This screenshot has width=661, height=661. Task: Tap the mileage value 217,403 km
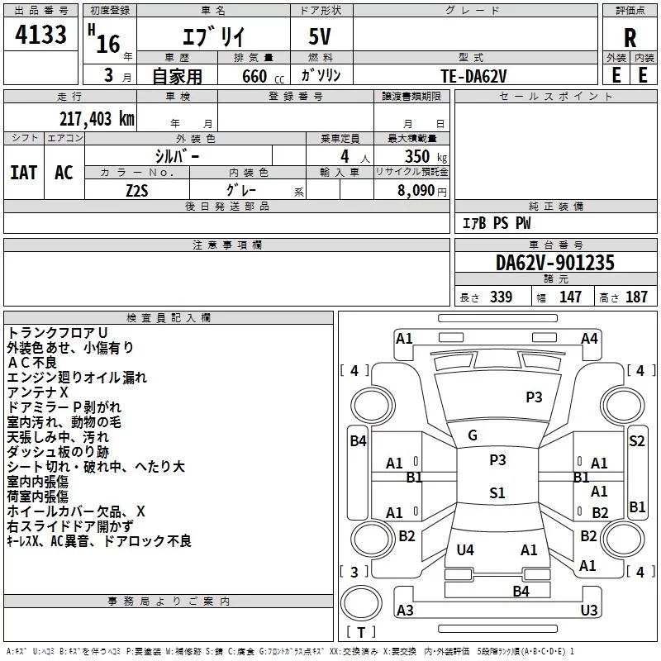coord(97,118)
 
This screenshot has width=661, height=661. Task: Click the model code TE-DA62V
coord(473,75)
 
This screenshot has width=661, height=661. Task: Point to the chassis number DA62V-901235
coord(554,263)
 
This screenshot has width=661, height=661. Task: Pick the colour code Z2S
coord(137,189)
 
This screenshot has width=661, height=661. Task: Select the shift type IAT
coord(24,173)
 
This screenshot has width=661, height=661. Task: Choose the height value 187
coord(636,297)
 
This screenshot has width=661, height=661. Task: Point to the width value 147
coord(570,297)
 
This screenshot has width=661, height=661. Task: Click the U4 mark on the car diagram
coord(465,549)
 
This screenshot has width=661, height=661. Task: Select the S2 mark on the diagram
coord(636,441)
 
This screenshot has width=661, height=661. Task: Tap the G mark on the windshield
coord(473,435)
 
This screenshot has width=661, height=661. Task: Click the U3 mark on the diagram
coord(588,610)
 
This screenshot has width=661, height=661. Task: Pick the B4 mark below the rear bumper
coord(521,591)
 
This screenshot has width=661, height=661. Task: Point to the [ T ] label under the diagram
coord(360,633)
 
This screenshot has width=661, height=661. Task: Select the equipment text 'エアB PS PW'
coord(496,223)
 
